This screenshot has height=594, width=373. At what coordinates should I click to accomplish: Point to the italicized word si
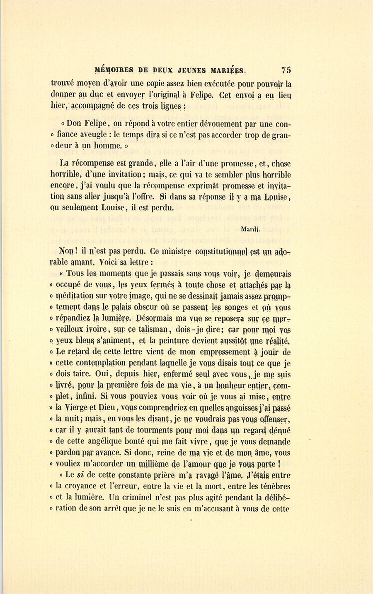coord(80,475)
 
